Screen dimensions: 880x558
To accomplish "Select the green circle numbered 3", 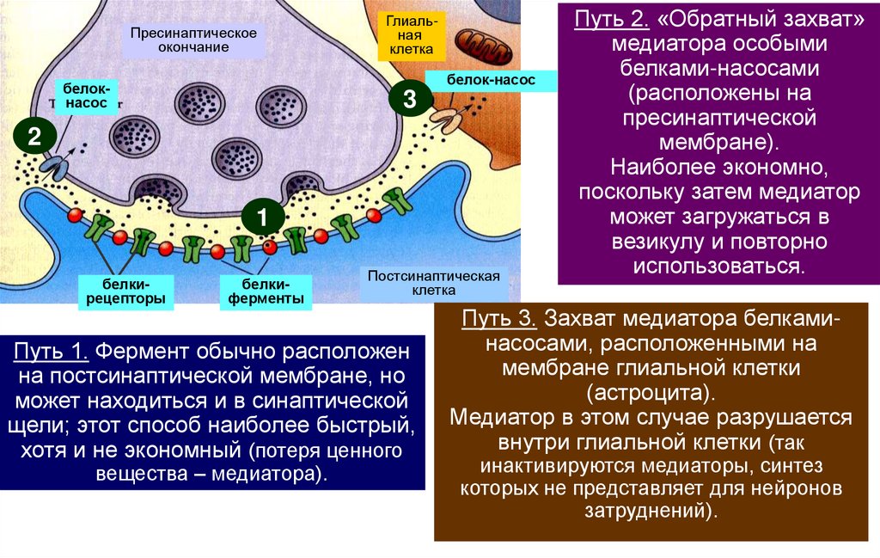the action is pyautogui.click(x=409, y=100).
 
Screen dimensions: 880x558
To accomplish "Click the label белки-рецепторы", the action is pyautogui.click(x=127, y=291).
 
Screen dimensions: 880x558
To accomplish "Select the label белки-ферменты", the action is pyautogui.click(x=266, y=291).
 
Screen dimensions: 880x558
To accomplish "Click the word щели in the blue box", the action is pyautogui.click(x=42, y=426).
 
